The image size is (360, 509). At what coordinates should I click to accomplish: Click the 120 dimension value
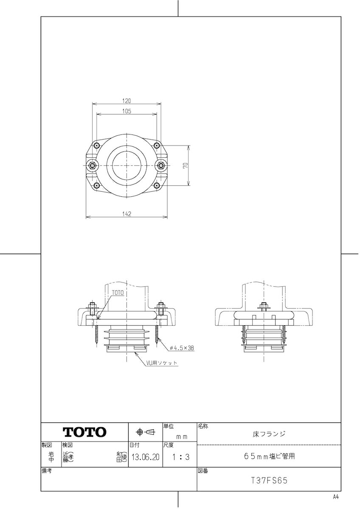click(x=127, y=101)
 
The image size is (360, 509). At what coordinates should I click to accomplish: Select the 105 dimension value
click(x=127, y=111)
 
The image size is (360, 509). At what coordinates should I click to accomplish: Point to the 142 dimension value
click(x=127, y=214)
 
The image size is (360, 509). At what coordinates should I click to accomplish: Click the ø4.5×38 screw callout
click(x=182, y=348)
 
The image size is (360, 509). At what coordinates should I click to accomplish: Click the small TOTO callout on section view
click(x=118, y=293)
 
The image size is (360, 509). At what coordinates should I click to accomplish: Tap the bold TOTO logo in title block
click(x=84, y=432)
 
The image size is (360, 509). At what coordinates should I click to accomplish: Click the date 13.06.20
click(x=145, y=458)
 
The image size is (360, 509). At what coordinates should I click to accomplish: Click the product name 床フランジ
click(x=269, y=434)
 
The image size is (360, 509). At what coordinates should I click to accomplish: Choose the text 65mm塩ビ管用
click(x=269, y=457)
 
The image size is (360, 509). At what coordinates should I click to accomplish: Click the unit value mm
click(x=182, y=436)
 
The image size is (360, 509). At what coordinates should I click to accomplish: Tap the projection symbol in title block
click(x=145, y=432)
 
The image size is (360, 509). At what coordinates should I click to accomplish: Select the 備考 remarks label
click(x=47, y=471)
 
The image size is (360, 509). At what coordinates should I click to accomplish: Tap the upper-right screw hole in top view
click(x=157, y=145)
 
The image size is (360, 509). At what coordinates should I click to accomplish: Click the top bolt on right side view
click(x=264, y=305)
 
